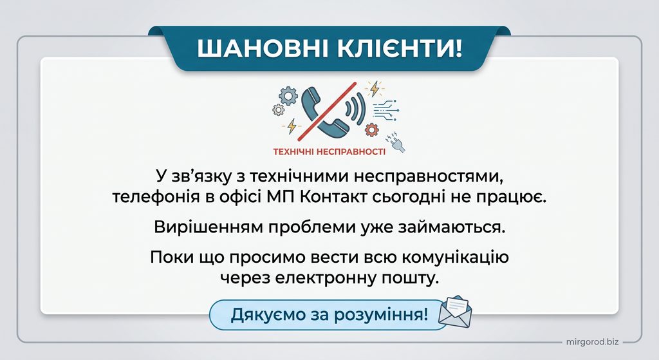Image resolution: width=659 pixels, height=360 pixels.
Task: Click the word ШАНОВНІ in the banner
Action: coord(263,48)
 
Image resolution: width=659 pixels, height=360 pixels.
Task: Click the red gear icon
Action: coord(371,129)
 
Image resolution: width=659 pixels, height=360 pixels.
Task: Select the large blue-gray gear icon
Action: coord(288,95)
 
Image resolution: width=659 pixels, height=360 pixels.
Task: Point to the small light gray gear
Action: coord(278,110)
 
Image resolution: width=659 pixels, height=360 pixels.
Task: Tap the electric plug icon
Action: coord(396,142)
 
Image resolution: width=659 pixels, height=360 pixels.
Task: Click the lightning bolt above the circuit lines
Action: coord(374,89)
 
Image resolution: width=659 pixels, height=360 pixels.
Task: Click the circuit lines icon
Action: coord(385,110)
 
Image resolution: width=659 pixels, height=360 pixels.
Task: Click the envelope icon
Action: coord(455,312)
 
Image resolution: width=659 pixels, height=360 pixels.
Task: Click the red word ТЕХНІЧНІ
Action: coord(293,151)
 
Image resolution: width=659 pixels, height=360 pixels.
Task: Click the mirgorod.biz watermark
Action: coord(593,341)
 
